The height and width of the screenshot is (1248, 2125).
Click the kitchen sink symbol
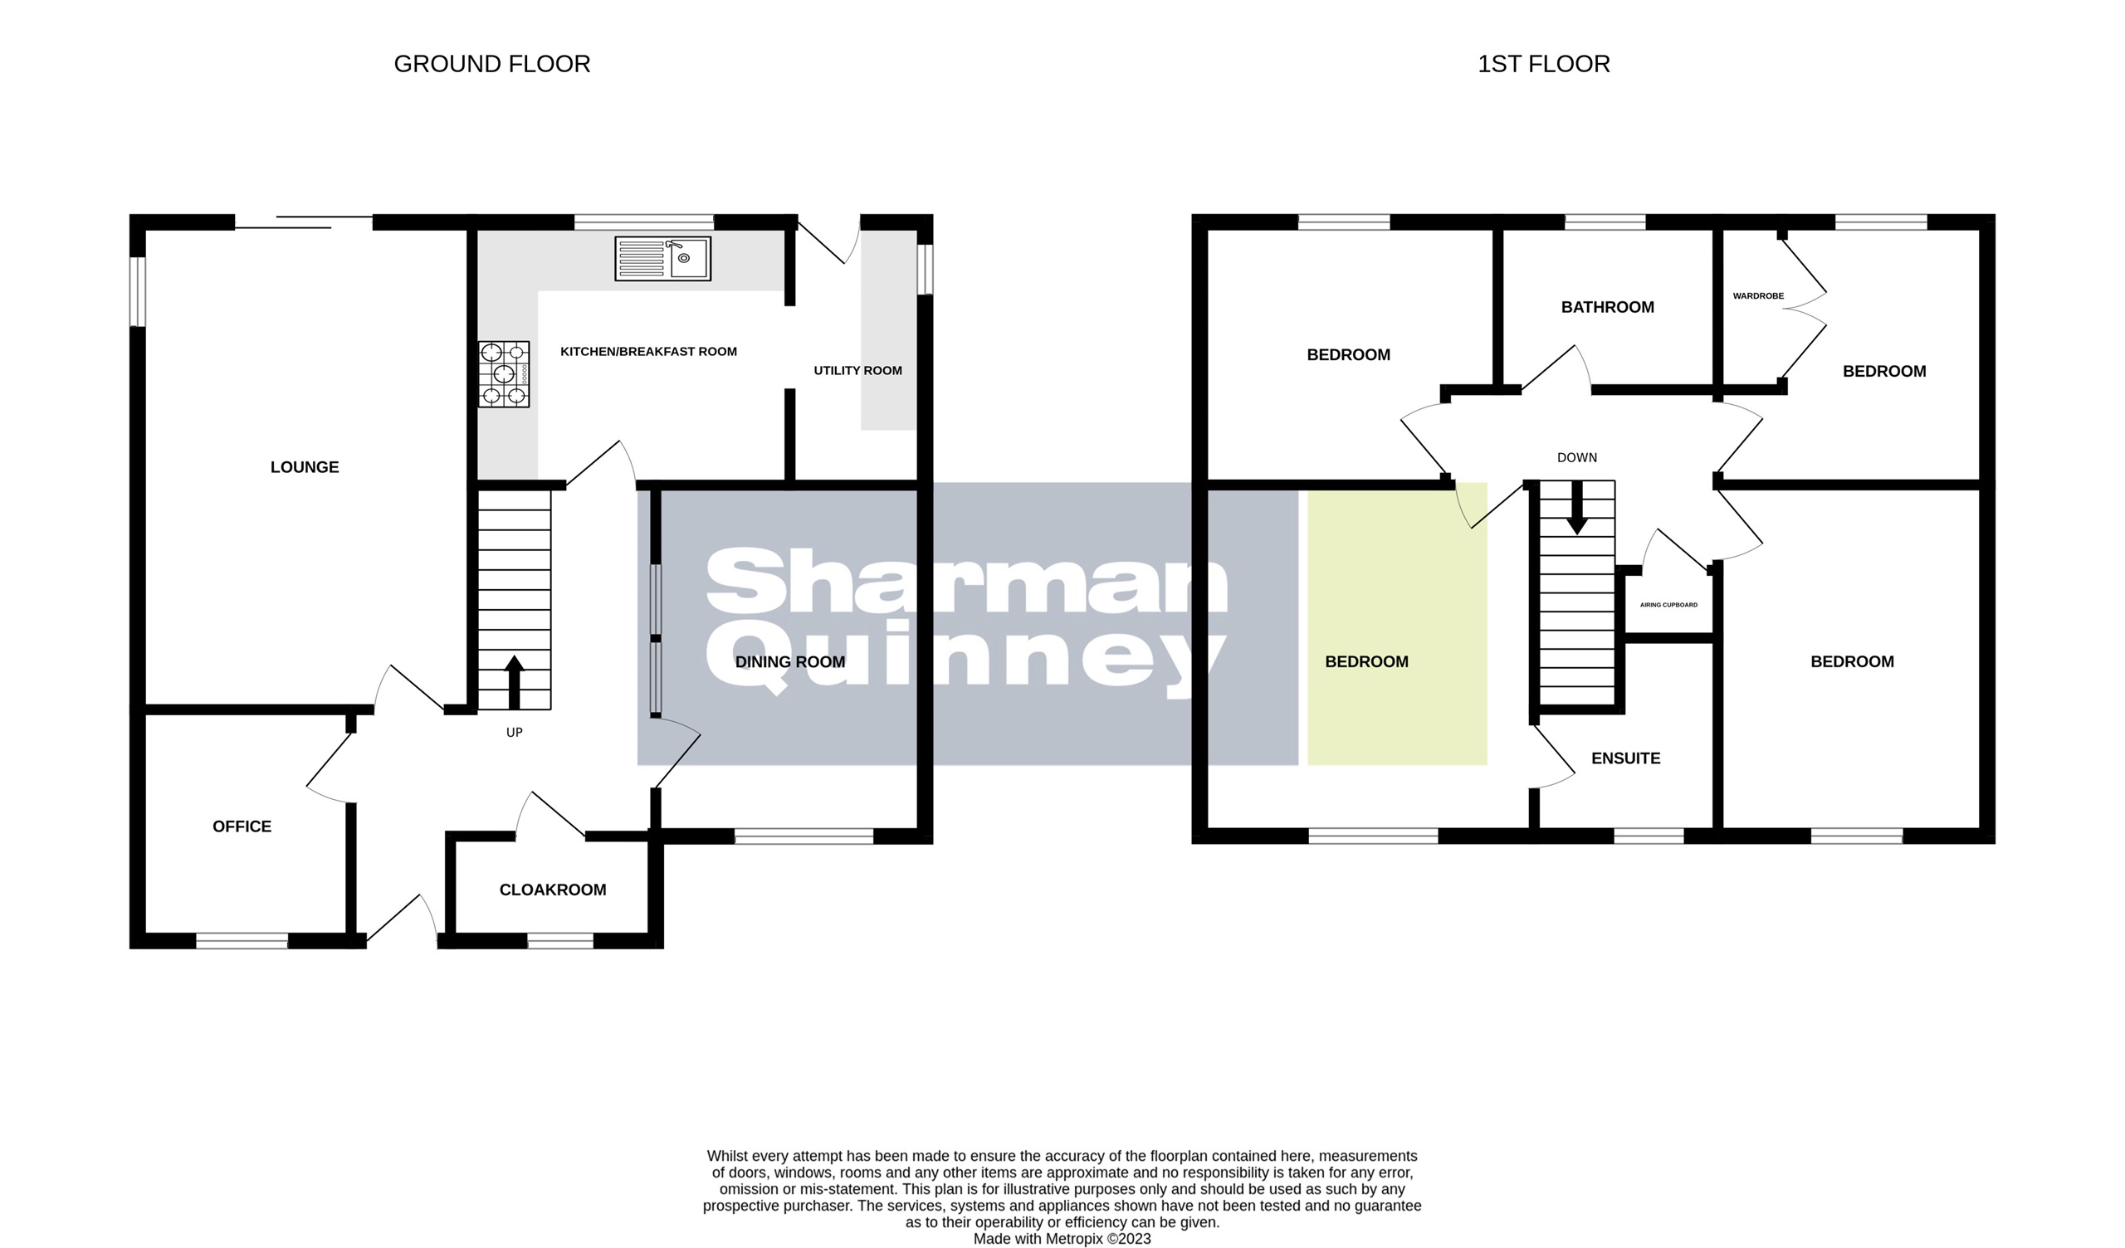(x=662, y=258)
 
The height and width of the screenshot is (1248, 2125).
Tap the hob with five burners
(x=503, y=374)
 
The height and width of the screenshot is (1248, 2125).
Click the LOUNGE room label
(x=305, y=467)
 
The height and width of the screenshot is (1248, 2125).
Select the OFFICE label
(x=242, y=826)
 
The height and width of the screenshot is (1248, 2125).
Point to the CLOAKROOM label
(x=552, y=890)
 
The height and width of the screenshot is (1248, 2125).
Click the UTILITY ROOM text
(x=857, y=370)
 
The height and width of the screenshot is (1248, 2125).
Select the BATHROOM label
(x=1607, y=307)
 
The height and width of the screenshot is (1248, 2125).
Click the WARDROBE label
(x=1758, y=296)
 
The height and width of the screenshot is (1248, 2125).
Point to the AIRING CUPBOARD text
(x=1668, y=605)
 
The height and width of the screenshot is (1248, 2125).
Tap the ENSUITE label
(x=1625, y=758)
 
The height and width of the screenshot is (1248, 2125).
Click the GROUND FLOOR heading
(x=491, y=64)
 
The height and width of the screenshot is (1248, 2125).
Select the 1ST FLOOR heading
(x=1543, y=64)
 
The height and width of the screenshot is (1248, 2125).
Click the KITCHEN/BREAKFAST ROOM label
(x=648, y=352)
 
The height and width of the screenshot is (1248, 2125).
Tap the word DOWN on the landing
(x=1576, y=457)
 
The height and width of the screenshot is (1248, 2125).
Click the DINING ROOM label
(x=790, y=662)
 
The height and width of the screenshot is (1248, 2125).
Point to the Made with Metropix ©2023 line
(x=1062, y=1239)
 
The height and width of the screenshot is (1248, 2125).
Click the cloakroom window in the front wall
(x=560, y=941)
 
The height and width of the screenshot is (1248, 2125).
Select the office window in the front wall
(x=242, y=941)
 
